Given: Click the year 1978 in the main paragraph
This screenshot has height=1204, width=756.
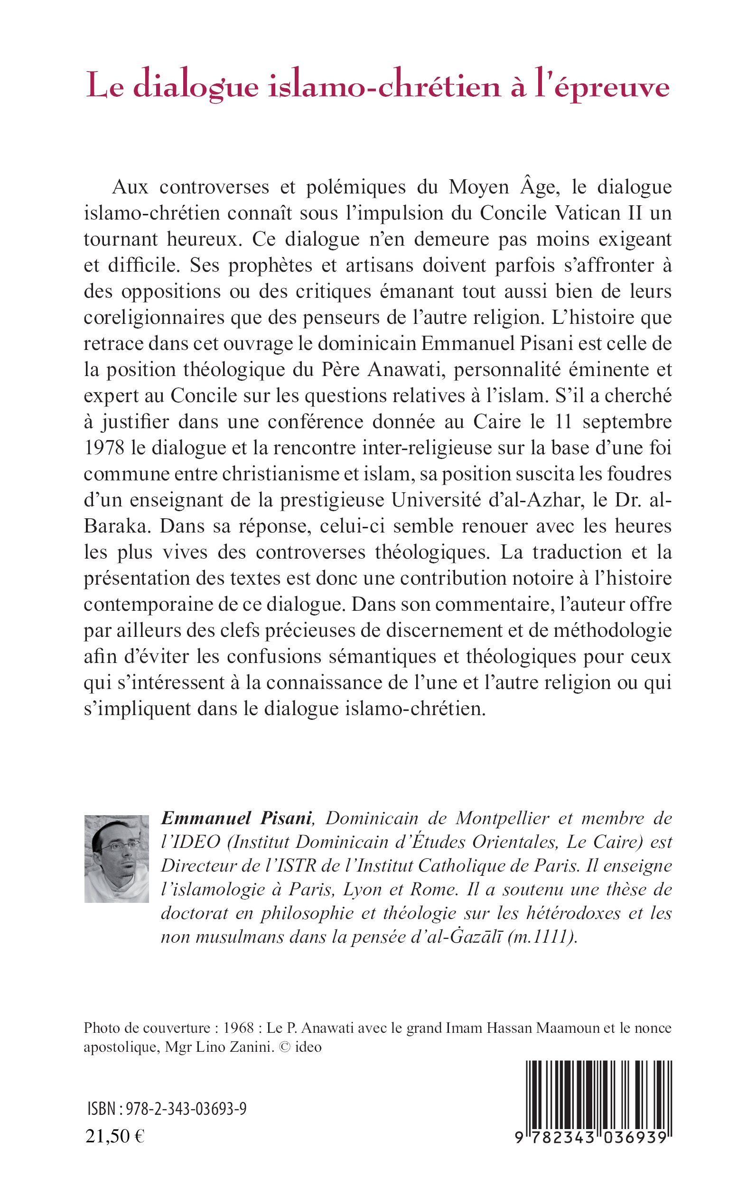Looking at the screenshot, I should tap(103, 447).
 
